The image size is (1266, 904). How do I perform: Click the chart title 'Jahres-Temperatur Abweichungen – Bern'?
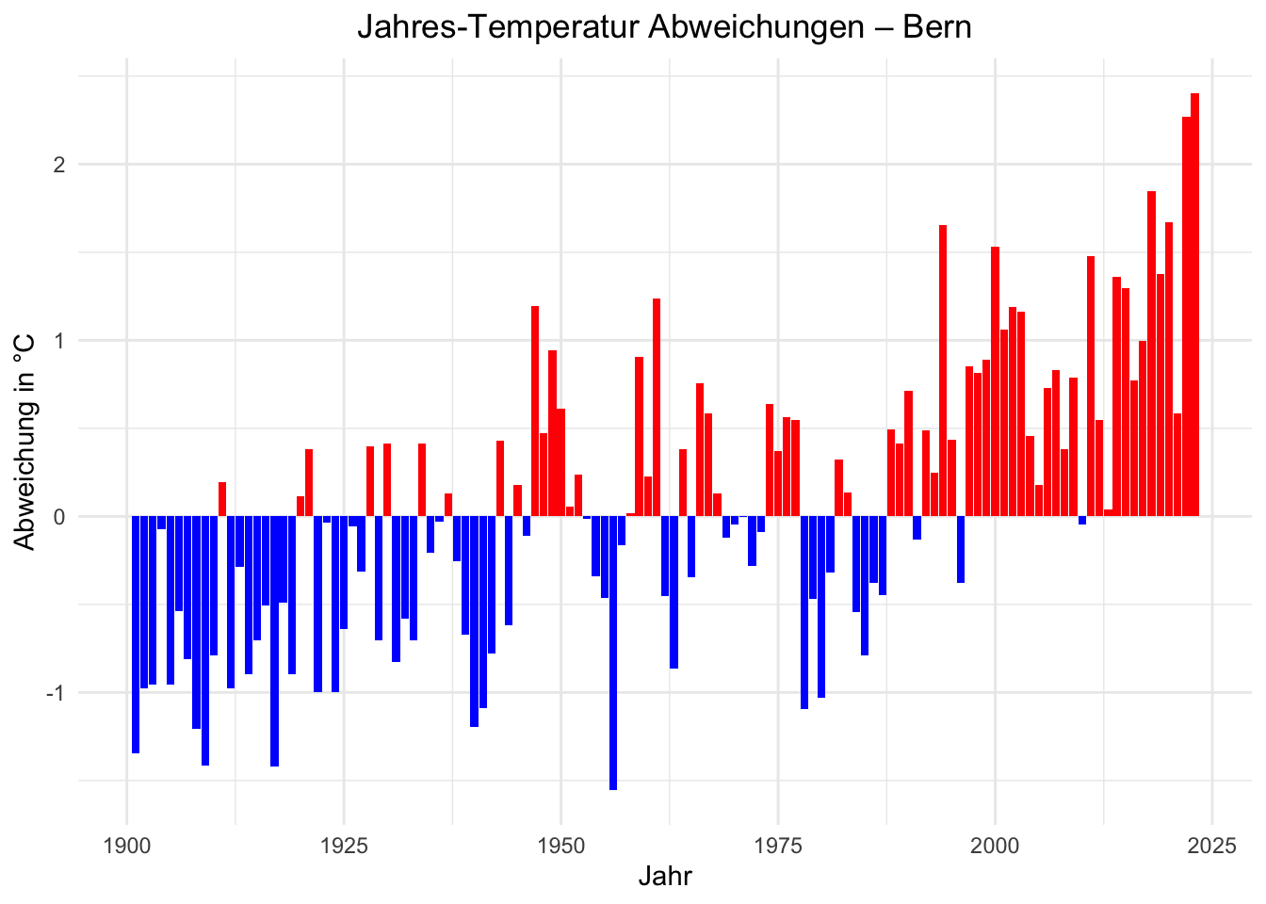(664, 26)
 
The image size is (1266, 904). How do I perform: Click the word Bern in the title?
(936, 26)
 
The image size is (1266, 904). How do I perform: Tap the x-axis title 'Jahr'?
(665, 877)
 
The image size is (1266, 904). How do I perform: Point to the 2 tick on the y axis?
(59, 165)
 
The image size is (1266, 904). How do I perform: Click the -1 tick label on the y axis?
(56, 693)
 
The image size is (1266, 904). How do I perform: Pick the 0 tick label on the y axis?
(59, 517)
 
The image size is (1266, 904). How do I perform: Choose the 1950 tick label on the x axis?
(560, 845)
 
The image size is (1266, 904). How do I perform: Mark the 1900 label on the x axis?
(127, 845)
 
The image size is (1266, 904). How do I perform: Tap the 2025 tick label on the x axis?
(1211, 845)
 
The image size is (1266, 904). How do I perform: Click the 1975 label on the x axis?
(778, 845)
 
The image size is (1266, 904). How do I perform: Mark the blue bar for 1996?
(961, 550)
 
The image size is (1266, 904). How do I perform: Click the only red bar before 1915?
(222, 499)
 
